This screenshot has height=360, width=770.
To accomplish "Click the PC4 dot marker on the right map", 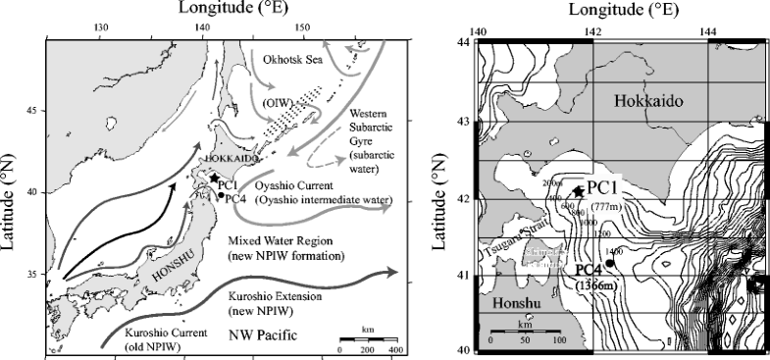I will tap(610, 263).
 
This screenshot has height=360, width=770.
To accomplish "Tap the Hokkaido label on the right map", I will tap(647, 101).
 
